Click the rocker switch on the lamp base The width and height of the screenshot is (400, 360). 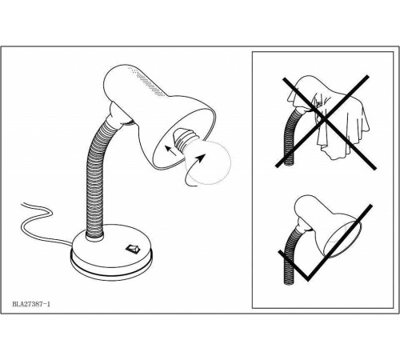133,249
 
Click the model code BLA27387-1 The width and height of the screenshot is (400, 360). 31,304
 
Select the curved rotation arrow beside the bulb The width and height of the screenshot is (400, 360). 193,170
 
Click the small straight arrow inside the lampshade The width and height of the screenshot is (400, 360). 170,150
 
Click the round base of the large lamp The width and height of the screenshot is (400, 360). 111,253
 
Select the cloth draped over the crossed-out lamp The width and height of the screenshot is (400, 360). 330,118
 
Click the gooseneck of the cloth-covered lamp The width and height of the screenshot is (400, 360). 290,138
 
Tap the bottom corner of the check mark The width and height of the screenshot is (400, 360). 308,280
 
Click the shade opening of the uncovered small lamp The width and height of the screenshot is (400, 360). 342,238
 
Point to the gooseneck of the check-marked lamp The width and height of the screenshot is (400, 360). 290,256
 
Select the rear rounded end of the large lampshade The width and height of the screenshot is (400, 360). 112,80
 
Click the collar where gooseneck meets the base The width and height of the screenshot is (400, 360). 94,237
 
